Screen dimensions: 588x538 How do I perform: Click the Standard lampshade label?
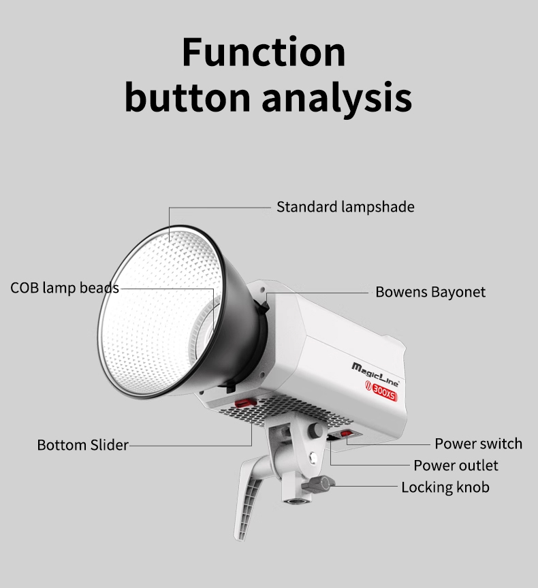pyautogui.click(x=345, y=206)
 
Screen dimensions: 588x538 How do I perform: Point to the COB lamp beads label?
pyautogui.click(x=65, y=287)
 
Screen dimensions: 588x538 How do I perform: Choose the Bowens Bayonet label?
pyautogui.click(x=430, y=292)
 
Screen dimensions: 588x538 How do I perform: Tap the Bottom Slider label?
pyautogui.click(x=82, y=445)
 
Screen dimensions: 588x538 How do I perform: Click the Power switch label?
pyautogui.click(x=478, y=444)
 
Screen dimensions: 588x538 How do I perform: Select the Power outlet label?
pyautogui.click(x=456, y=465)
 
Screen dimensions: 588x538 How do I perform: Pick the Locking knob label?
pyautogui.click(x=445, y=487)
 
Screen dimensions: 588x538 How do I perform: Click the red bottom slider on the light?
pyautogui.click(x=244, y=404)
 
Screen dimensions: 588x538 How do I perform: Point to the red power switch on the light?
pyautogui.click(x=346, y=435)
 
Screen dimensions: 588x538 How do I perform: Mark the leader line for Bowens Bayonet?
pyautogui.click(x=320, y=292)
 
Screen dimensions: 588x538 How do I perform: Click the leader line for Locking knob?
pyautogui.click(x=368, y=487)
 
